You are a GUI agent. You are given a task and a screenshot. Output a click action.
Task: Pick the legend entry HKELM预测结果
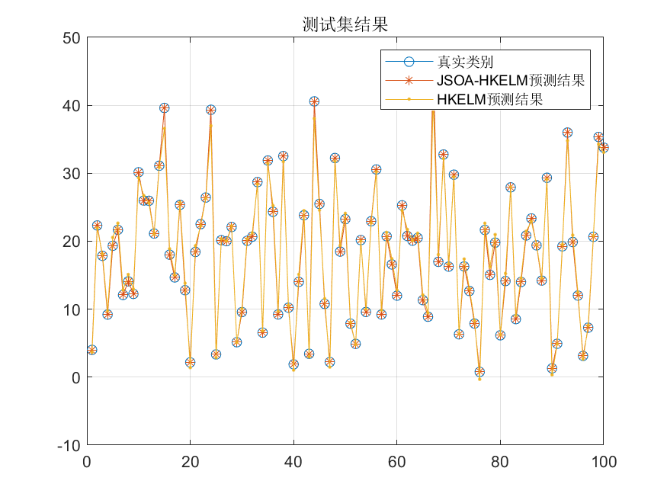pyautogui.click(x=489, y=99)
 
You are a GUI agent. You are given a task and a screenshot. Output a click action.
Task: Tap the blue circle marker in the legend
pyautogui.click(x=409, y=61)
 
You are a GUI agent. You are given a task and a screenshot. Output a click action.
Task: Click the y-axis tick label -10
pyautogui.click(x=68, y=445)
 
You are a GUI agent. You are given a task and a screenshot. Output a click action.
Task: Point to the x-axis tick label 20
pyautogui.click(x=190, y=461)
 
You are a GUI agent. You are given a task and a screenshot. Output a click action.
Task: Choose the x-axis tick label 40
pyautogui.click(x=293, y=461)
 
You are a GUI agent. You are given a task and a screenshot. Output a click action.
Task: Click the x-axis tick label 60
pyautogui.click(x=396, y=461)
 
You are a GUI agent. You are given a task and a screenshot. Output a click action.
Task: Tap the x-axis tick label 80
pyautogui.click(x=500, y=461)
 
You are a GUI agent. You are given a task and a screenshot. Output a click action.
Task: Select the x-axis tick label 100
pyautogui.click(x=603, y=461)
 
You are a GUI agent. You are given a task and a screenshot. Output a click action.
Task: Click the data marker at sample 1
pyautogui.click(x=91, y=350)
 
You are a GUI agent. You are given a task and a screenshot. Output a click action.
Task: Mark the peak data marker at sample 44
pyautogui.click(x=314, y=101)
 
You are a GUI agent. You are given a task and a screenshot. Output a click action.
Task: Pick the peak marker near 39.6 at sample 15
pyautogui.click(x=164, y=108)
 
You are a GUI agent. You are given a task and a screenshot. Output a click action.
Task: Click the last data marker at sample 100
pyautogui.click(x=603, y=148)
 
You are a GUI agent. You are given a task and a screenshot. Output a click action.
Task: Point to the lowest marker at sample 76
pyautogui.click(x=479, y=372)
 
